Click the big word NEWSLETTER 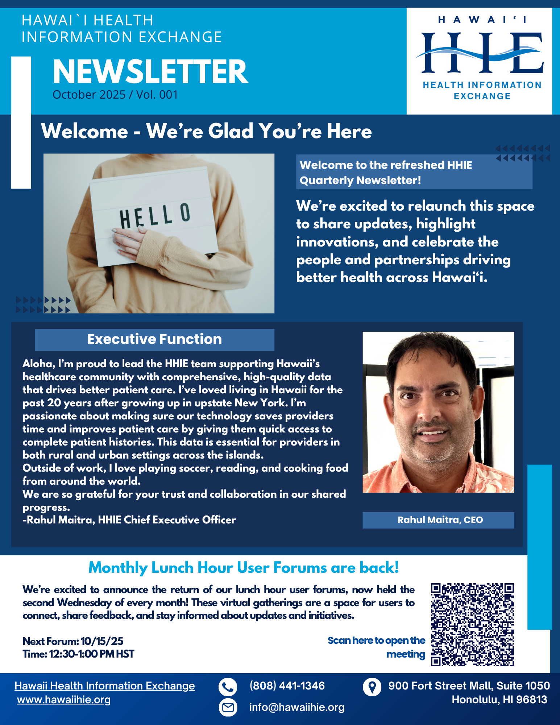point(150,72)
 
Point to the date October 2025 point(89,95)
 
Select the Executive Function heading point(154,339)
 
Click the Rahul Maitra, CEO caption point(440,520)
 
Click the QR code point(472,624)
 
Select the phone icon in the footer point(228,687)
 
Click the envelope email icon point(228,707)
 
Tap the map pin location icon point(372,687)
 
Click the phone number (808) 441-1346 point(287,686)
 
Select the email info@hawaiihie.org point(296,707)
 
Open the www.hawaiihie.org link point(64,700)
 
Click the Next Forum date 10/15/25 point(102,641)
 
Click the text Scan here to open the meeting point(377,647)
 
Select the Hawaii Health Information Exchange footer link point(104,686)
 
